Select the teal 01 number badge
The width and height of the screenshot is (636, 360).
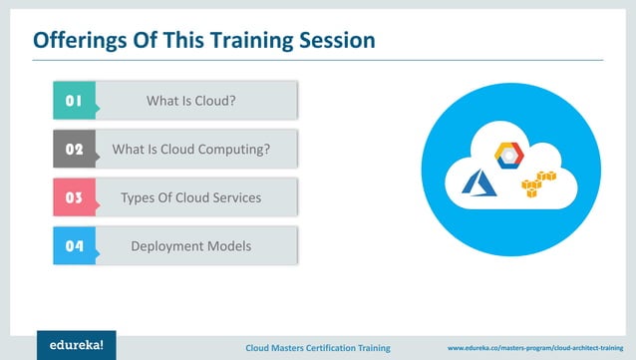tap(73, 101)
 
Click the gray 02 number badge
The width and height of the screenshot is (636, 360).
tap(73, 150)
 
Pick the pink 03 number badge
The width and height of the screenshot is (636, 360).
tap(73, 197)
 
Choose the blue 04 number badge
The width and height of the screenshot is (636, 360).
tap(73, 245)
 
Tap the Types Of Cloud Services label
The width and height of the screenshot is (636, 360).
tap(190, 197)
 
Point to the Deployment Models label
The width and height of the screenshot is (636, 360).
tap(190, 245)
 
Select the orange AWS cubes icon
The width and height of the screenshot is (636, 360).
tap(537, 183)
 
